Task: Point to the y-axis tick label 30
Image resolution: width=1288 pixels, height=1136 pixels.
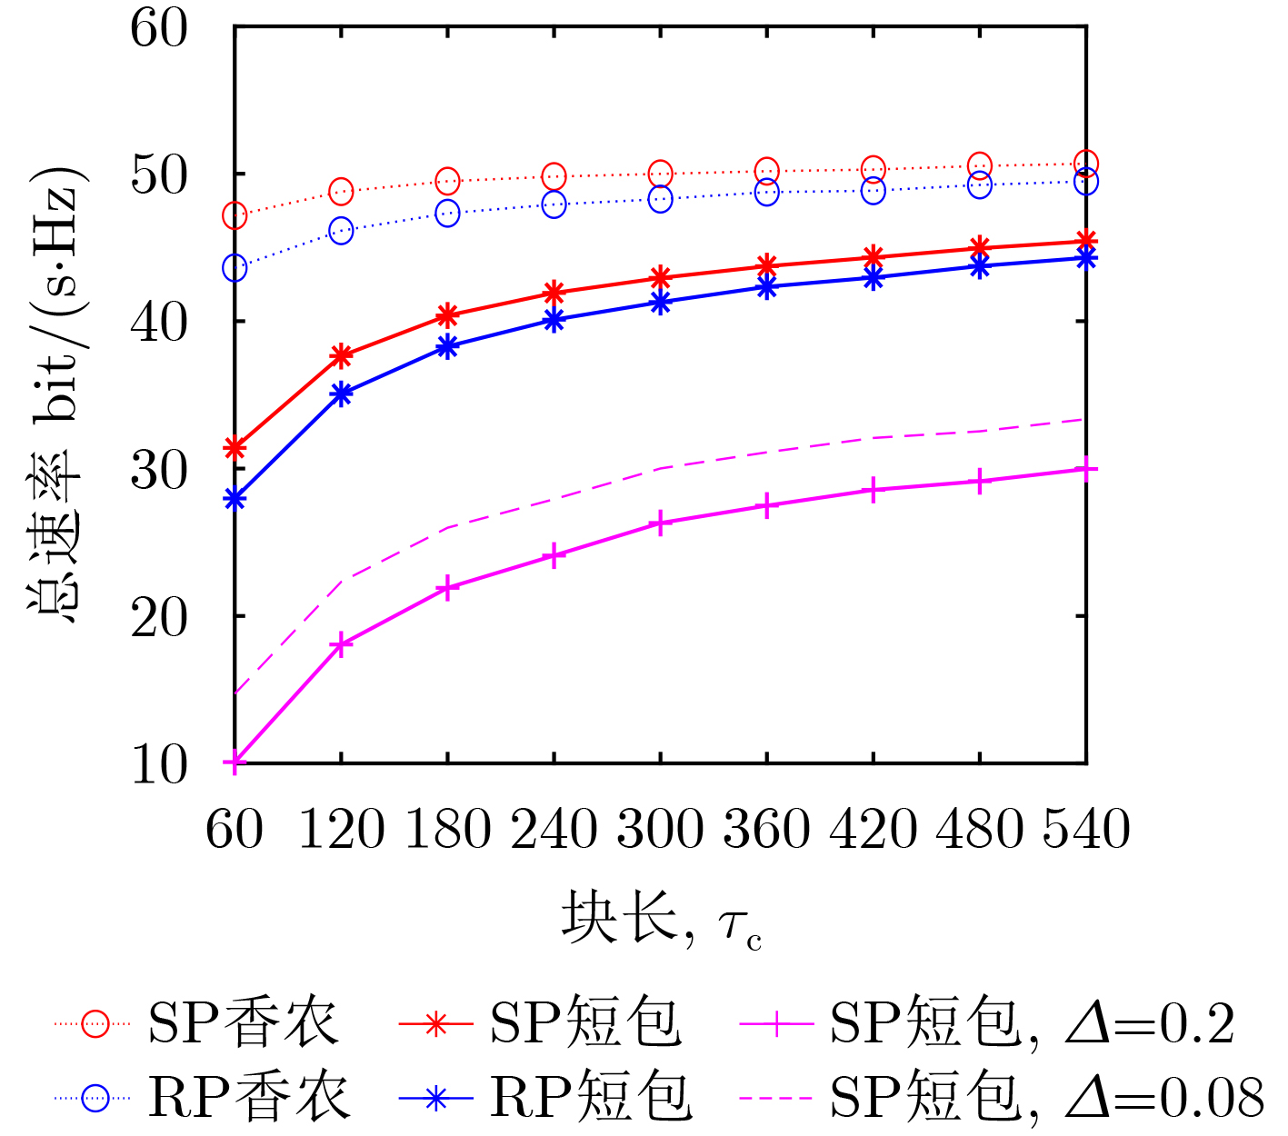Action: tap(159, 470)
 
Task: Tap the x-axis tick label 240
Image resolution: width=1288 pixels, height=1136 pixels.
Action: tap(554, 828)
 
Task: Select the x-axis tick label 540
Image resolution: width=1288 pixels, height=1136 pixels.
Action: tap(1086, 828)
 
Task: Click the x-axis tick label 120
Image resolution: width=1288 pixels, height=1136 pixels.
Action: tap(341, 828)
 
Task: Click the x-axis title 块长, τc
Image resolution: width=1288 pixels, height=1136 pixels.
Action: tap(661, 918)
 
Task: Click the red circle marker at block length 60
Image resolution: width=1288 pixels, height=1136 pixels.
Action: tap(235, 215)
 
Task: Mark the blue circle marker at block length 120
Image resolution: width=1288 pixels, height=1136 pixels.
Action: tap(341, 231)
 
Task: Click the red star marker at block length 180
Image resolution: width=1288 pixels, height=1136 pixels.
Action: tap(447, 315)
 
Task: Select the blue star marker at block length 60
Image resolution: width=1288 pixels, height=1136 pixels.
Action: tap(235, 499)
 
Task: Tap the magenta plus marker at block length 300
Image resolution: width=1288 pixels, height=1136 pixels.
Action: tap(661, 523)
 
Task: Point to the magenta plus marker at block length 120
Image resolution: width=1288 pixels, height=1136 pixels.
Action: tap(341, 644)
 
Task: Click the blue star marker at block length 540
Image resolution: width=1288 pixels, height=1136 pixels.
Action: tap(1086, 258)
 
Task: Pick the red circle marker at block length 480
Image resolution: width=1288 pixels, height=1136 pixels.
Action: tap(980, 165)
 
